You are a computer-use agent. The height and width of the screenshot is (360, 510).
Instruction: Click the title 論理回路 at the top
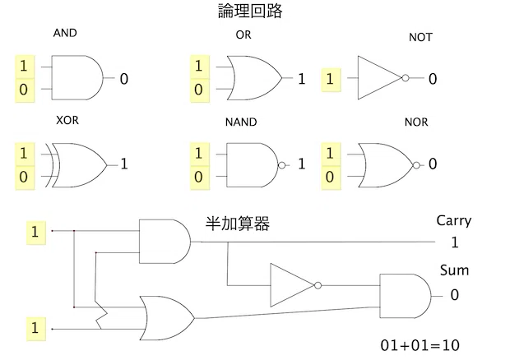tap(250, 11)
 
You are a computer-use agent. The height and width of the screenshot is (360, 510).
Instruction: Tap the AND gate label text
tap(65, 33)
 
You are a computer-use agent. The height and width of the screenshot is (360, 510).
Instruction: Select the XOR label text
tap(67, 120)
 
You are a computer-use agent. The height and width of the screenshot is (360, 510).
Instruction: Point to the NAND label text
tap(241, 122)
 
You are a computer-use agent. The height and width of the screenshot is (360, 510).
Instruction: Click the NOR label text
tap(416, 122)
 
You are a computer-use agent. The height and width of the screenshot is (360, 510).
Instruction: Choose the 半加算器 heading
tap(238, 224)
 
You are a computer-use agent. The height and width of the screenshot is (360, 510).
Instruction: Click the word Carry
tap(454, 221)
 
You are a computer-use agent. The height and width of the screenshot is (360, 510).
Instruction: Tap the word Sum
tap(454, 270)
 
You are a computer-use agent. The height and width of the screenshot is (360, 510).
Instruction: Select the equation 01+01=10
tap(420, 345)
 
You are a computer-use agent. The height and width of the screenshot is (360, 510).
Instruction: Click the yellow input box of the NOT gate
tap(331, 80)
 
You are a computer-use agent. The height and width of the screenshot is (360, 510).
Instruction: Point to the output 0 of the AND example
tap(124, 79)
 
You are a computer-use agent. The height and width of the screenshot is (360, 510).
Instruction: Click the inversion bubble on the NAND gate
tap(282, 165)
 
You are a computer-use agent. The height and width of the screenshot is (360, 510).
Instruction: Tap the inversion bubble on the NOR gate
tap(416, 165)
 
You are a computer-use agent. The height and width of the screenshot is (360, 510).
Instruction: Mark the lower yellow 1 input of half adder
tap(35, 329)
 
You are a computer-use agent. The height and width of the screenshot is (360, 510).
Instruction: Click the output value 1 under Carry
tap(455, 242)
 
